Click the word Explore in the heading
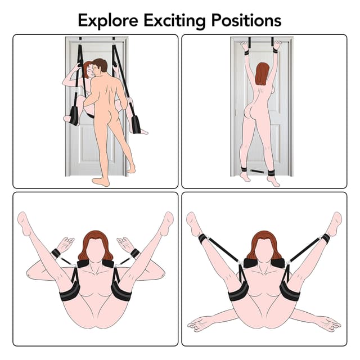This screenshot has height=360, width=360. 107,20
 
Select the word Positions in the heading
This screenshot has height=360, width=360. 246,20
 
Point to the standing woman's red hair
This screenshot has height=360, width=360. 262,74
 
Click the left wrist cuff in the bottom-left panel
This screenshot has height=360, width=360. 56,253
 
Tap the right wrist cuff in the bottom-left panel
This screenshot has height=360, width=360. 135,253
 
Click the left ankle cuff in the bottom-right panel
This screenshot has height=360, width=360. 202,238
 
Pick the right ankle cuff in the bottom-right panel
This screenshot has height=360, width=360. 325,238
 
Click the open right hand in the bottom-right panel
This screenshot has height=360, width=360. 328,323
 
